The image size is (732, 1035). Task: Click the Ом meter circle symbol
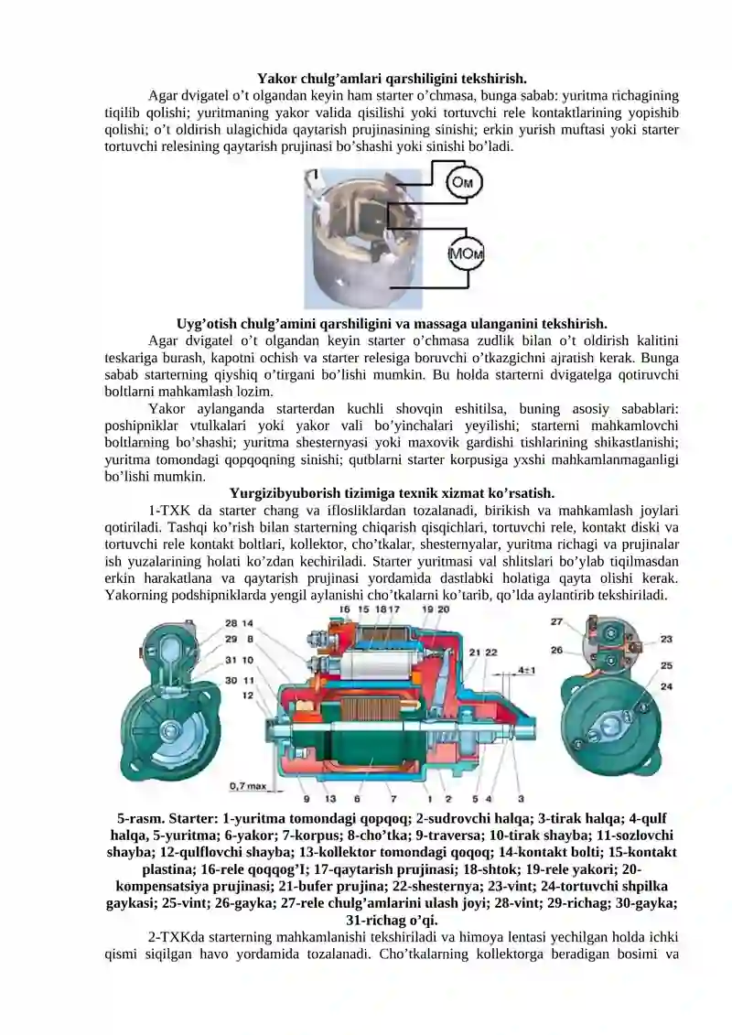click(464, 183)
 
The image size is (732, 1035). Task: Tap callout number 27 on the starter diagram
click(557, 622)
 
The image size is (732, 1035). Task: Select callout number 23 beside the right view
click(666, 639)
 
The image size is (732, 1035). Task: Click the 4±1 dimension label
click(527, 671)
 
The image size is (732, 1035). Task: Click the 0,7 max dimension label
click(247, 785)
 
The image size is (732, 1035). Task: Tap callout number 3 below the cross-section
click(521, 799)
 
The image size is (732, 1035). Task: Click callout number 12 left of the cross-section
click(248, 695)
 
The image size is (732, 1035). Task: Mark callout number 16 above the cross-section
click(345, 609)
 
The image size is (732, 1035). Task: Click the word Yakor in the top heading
click(275, 78)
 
